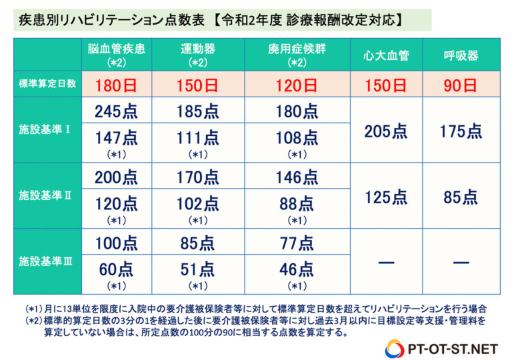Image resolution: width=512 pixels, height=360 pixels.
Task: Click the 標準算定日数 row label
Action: pyautogui.click(x=48, y=85)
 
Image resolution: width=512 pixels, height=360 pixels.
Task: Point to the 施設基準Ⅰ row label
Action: pyautogui.click(x=48, y=130)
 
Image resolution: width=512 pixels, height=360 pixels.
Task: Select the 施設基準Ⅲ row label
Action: pyautogui.click(x=48, y=262)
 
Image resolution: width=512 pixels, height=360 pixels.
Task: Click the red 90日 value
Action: pyautogui.click(x=460, y=85)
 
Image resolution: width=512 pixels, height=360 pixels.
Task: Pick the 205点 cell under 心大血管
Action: pyautogui.click(x=387, y=131)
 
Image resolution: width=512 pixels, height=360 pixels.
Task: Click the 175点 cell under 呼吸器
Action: pyautogui.click(x=460, y=131)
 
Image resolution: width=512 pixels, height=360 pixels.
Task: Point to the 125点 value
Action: pyautogui.click(x=387, y=197)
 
